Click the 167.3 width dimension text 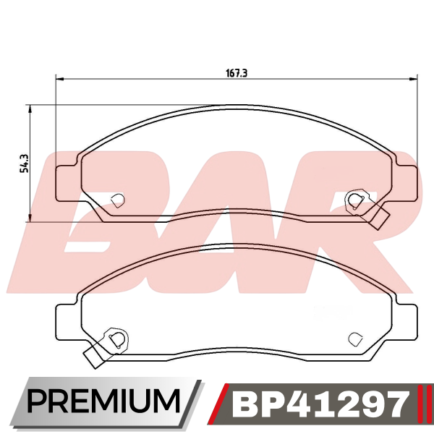[237, 73]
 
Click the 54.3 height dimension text [25, 163]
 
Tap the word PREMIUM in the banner [103, 401]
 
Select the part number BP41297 [320, 405]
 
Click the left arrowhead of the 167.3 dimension [60, 80]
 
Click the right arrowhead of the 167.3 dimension [413, 80]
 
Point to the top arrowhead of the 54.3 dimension [30, 109]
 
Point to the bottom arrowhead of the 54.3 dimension [30, 218]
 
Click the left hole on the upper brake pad [118, 200]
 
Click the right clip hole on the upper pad [355, 200]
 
